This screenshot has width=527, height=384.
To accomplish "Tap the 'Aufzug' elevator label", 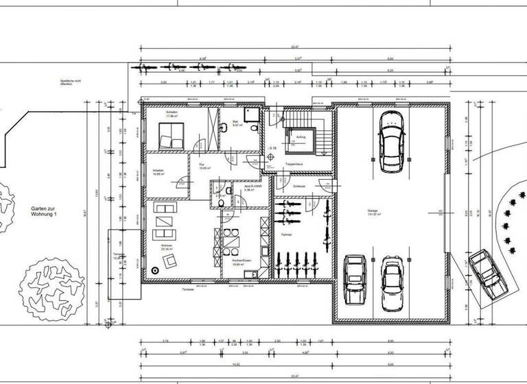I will [x=301, y=137].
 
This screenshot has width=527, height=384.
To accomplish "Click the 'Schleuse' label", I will [x=298, y=187].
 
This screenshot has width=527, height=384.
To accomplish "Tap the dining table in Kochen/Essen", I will [x=233, y=242].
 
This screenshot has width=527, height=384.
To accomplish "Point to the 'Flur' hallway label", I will [x=202, y=165].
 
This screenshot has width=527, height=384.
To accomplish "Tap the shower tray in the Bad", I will [x=251, y=114].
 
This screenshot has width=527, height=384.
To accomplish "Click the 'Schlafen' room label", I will [x=172, y=112].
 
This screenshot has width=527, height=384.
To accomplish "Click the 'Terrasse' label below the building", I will [x=187, y=290].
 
